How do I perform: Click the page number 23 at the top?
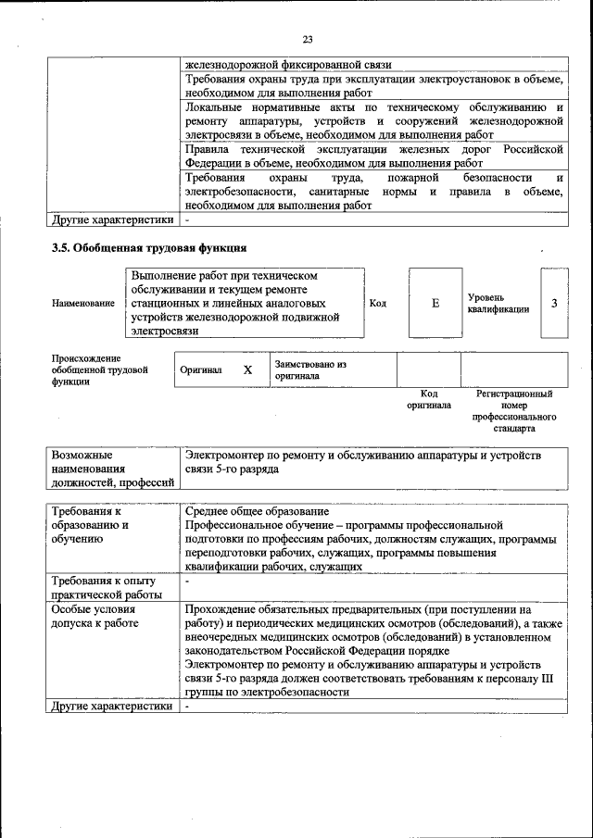pyautogui.click(x=308, y=38)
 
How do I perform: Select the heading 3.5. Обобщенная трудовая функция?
pyautogui.click(x=148, y=248)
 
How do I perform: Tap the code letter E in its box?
pyautogui.click(x=435, y=303)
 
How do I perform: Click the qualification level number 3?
pyautogui.click(x=554, y=303)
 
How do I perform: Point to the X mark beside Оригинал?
pyautogui.click(x=247, y=369)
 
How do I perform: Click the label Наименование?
pyautogui.click(x=83, y=303)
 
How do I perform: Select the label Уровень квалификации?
pyautogui.click(x=498, y=303)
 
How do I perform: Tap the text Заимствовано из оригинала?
pyautogui.click(x=309, y=369)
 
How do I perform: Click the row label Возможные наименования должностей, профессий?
pyautogui.click(x=113, y=469)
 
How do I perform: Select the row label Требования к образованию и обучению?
pyautogui.click(x=91, y=524)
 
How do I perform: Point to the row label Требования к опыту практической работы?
pyautogui.click(x=107, y=587)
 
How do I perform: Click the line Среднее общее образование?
pyautogui.click(x=257, y=511)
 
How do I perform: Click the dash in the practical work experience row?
pyautogui.click(x=187, y=582)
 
